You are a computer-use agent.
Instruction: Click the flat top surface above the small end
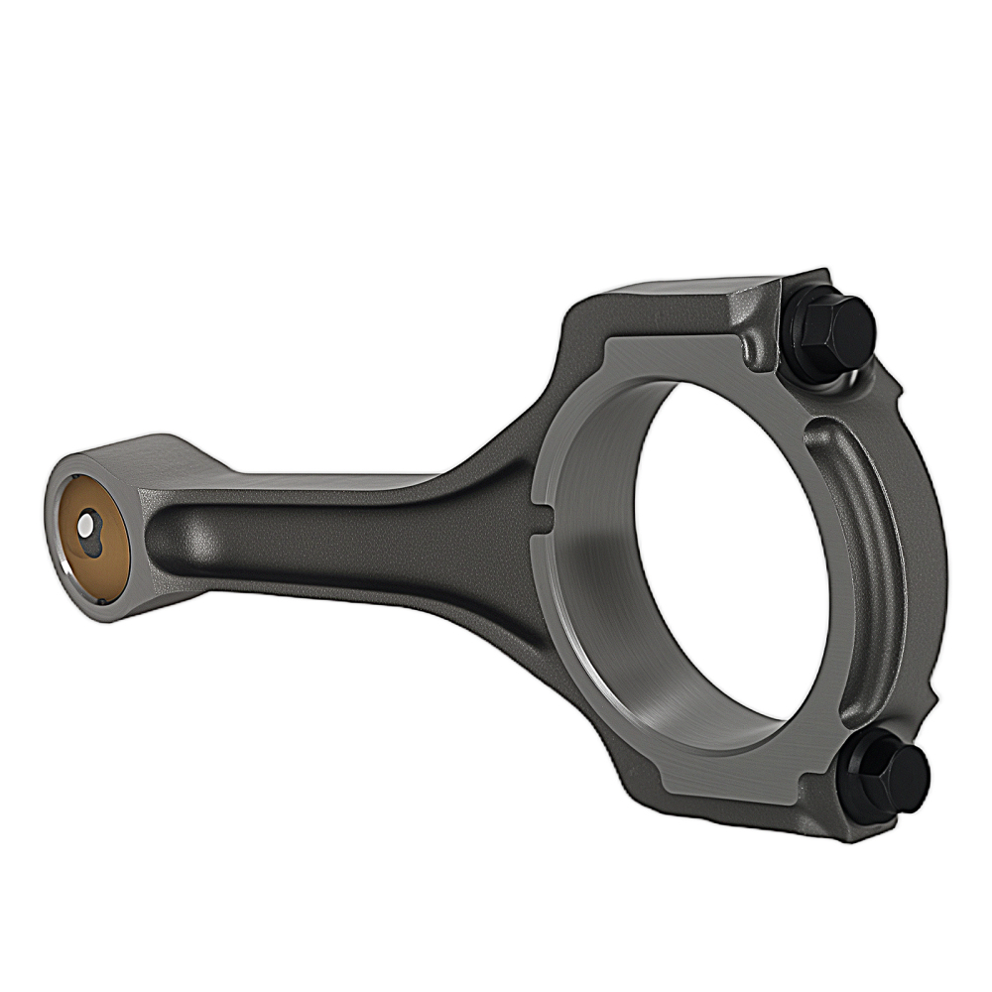tap(149, 451)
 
